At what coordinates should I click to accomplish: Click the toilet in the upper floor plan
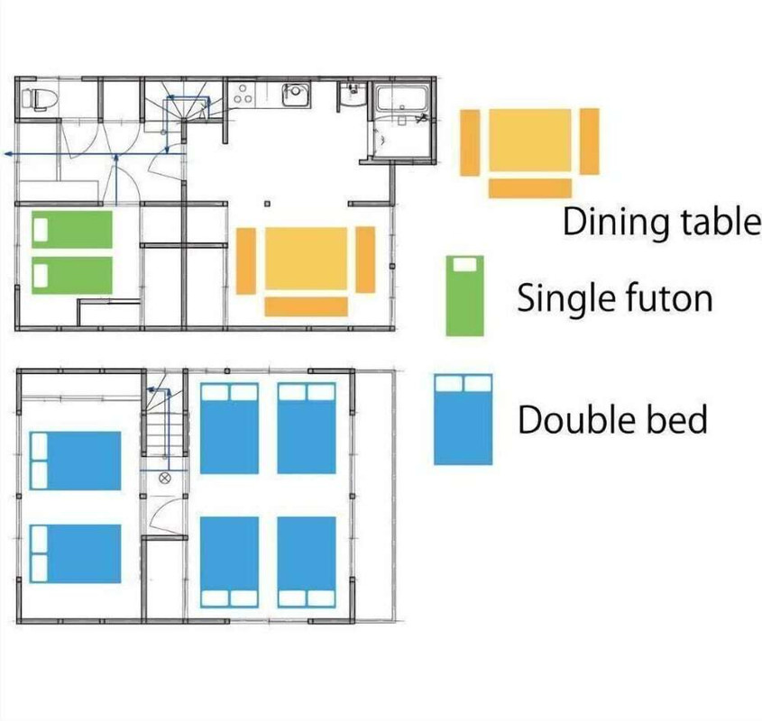coord(40,99)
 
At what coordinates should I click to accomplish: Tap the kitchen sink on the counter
coord(297,94)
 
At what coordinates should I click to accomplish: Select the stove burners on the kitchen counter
coord(243,94)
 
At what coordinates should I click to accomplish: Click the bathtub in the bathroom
coord(403,98)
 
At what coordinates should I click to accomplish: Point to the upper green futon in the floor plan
coord(72,229)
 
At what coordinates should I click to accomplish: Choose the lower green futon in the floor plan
coord(72,276)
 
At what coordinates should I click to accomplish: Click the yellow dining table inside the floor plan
coord(307,259)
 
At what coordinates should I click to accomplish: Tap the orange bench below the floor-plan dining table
coord(307,306)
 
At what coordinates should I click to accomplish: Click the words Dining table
coord(661,222)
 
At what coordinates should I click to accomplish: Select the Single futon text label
coord(615,297)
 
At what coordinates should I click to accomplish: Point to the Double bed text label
coord(612,419)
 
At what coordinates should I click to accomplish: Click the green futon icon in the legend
coord(465,296)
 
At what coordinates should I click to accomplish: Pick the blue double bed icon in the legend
coord(464,419)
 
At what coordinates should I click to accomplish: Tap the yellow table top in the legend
coord(530,140)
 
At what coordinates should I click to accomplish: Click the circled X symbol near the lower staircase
coord(165,478)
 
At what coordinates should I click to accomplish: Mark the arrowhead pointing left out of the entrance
coord(8,154)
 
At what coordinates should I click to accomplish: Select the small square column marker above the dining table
coord(267,204)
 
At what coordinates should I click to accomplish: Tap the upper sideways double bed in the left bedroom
coord(76,461)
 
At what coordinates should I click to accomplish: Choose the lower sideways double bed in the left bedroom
coord(76,553)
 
